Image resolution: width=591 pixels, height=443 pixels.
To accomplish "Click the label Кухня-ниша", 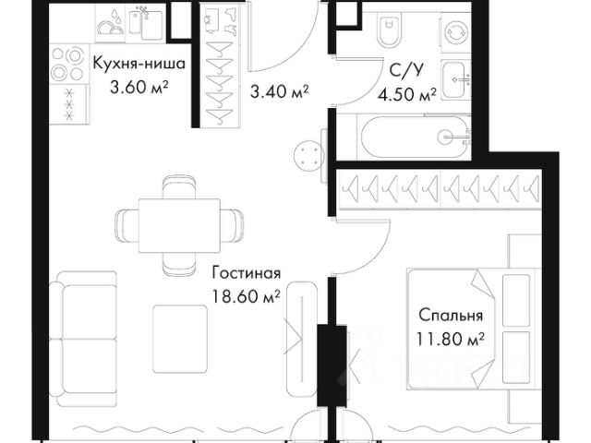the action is pyautogui.click(x=139, y=64).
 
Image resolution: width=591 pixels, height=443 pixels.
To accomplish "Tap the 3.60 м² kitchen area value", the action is pyautogui.click(x=139, y=88).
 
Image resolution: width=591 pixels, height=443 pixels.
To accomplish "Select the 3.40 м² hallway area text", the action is pyautogui.click(x=280, y=91).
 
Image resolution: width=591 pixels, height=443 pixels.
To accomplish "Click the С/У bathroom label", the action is pyautogui.click(x=406, y=70).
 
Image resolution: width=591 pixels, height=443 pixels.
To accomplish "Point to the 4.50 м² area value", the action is pyautogui.click(x=407, y=94).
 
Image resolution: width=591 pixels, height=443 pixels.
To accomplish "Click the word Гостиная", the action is pyautogui.click(x=247, y=273).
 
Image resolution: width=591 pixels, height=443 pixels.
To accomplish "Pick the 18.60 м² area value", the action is pyautogui.click(x=247, y=296).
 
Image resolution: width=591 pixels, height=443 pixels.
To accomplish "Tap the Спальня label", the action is pyautogui.click(x=451, y=316).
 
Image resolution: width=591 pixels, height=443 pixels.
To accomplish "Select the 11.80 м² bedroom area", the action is pyautogui.click(x=451, y=339).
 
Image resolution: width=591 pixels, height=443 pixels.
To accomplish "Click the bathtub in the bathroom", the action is pyautogui.click(x=414, y=138).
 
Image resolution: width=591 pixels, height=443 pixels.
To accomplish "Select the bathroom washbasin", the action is pyautogui.click(x=456, y=80).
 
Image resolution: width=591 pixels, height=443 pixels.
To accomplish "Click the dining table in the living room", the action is pyautogui.click(x=179, y=225).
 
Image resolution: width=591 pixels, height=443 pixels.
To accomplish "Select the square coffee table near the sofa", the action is pyautogui.click(x=180, y=339).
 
